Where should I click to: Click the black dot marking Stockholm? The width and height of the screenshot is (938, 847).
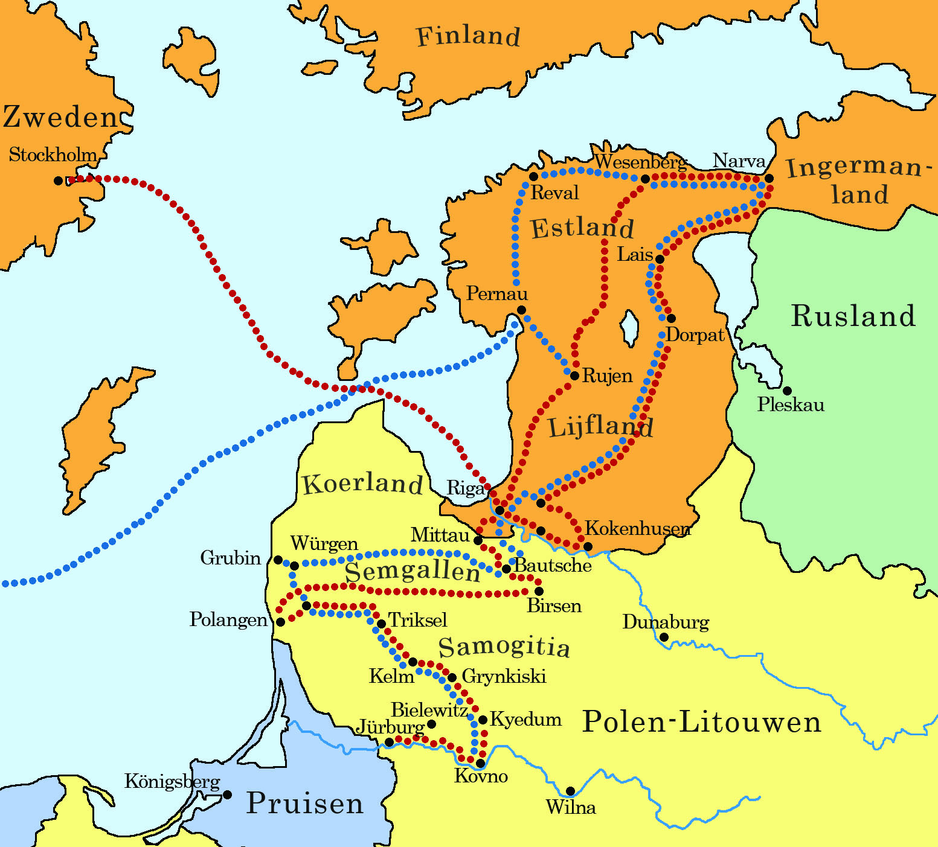pos(59,181)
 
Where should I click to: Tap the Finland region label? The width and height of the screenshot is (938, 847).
pos(468,36)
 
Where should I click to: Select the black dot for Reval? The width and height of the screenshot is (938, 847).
pos(533,177)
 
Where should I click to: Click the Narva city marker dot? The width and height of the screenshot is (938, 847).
pos(769,179)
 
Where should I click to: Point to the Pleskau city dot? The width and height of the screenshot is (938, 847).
pos(787,391)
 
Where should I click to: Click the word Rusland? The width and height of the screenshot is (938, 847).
pos(853,316)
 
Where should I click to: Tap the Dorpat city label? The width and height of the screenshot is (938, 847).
pos(695,336)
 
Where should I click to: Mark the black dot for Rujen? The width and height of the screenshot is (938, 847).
pos(574,376)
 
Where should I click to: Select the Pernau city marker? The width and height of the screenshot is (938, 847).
pos(521,310)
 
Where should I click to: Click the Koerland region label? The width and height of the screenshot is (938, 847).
pos(362,484)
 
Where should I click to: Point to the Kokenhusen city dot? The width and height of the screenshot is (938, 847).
pos(588,546)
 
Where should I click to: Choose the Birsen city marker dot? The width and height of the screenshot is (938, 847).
pos(539,591)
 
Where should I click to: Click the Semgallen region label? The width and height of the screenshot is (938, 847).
pos(413,572)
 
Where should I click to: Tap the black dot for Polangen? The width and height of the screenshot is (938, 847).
pos(280,622)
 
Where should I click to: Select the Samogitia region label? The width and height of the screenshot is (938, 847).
pos(504,647)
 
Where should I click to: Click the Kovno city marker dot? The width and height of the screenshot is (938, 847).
pos(480,763)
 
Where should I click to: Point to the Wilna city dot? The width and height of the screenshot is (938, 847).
pos(570,791)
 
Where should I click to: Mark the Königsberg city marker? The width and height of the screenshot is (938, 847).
pos(228,794)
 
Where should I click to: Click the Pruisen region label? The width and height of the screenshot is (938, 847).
pos(305,804)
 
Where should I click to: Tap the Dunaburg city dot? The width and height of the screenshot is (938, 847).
pos(664,637)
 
